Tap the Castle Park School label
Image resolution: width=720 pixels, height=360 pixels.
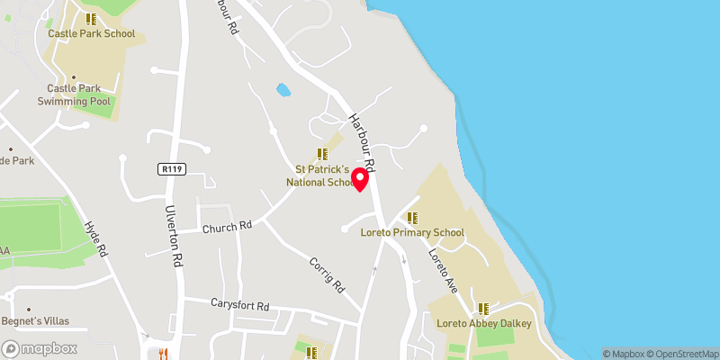[91, 34]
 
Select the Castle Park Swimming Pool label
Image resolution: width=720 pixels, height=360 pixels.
[74, 95]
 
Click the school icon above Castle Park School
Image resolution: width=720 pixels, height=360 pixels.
[90, 18]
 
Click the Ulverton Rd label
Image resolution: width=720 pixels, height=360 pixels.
[174, 237]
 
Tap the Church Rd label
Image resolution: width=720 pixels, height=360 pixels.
[226, 227]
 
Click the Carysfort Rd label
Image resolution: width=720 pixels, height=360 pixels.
[239, 306]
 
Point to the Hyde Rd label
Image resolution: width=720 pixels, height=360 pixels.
[94, 240]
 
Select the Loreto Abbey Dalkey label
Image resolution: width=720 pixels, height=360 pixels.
[484, 324]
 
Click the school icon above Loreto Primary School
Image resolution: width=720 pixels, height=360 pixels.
[412, 218]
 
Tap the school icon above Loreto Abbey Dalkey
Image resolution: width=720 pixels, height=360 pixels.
[483, 309]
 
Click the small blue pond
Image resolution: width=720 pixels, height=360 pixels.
[283, 91]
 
